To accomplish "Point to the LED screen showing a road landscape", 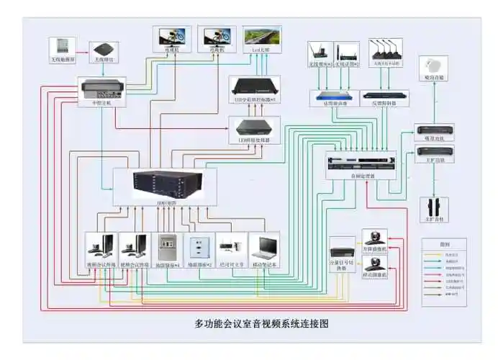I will (x=261, y=36).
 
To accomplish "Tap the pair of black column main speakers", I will (x=434, y=206).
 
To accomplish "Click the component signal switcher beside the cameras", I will (x=342, y=251).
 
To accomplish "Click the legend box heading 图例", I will (x=443, y=245).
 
